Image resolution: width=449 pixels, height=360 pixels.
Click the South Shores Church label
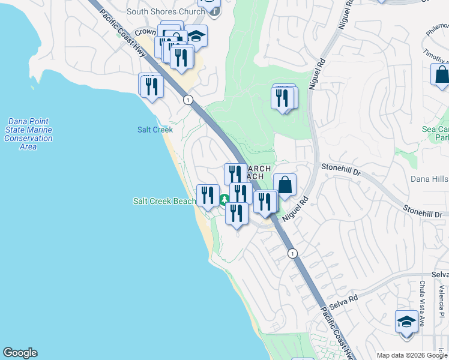[x=160, y=11]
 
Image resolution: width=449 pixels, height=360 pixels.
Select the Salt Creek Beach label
[x=163, y=202]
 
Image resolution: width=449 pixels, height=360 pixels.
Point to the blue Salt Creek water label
[x=155, y=130]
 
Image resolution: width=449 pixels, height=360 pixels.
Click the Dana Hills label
[x=429, y=178]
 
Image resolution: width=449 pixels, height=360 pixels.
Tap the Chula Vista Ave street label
[x=422, y=300]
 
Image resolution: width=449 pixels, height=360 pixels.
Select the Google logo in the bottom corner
[x=20, y=353]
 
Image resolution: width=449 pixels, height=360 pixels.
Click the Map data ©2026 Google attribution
[x=412, y=355]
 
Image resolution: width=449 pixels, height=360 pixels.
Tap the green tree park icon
[x=223, y=200]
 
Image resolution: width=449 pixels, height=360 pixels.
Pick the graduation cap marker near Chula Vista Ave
[x=406, y=321]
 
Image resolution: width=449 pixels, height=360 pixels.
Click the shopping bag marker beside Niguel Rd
[x=285, y=185]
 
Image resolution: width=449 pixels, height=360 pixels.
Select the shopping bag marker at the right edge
[x=441, y=76]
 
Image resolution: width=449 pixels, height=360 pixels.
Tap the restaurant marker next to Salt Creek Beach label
[x=207, y=196]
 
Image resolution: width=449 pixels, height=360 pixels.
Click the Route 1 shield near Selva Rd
[x=292, y=253]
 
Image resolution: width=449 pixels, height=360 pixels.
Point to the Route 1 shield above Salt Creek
[x=188, y=100]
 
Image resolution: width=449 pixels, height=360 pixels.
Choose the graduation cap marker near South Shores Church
[x=196, y=35]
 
